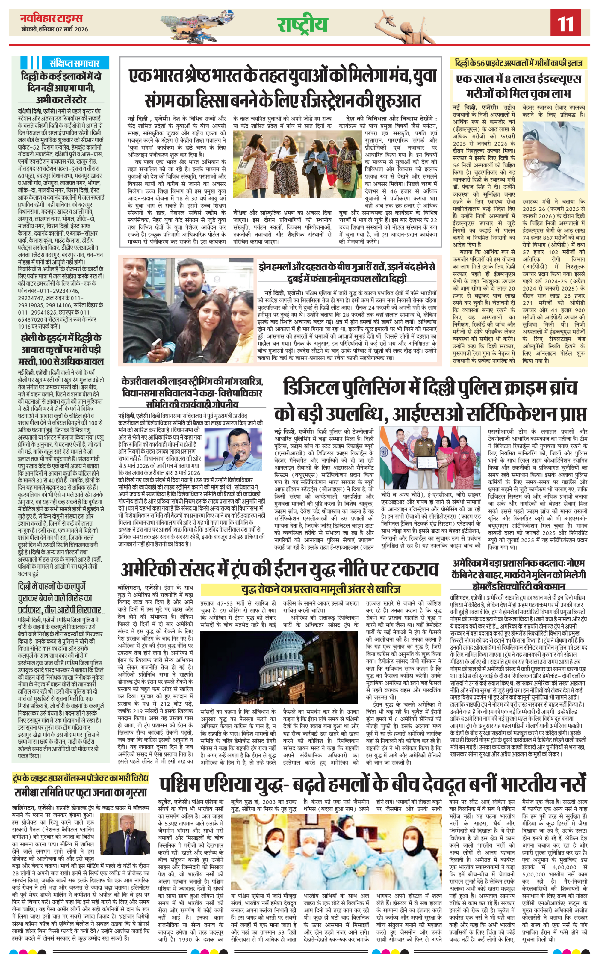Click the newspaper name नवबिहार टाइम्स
point(52,18)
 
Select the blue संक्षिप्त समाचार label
point(74,63)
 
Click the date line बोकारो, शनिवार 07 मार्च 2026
point(55,29)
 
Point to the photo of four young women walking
point(297,164)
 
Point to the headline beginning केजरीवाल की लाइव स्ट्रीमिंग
point(192,393)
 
